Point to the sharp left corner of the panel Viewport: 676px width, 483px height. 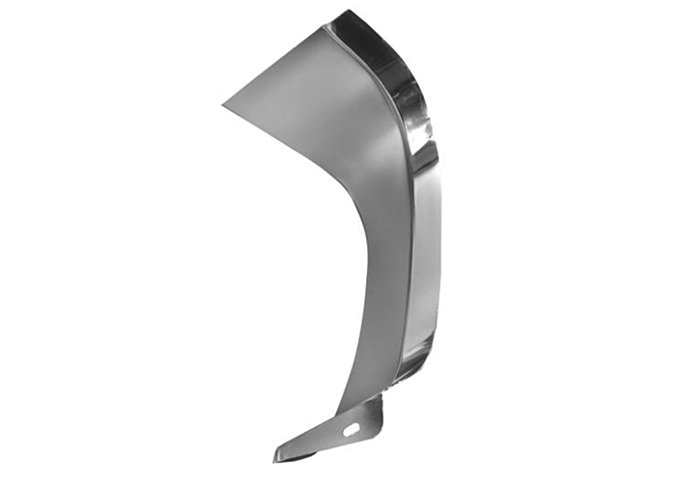tap(223, 103)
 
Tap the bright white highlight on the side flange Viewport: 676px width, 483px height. tap(422, 155)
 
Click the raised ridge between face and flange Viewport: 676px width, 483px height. tap(404, 193)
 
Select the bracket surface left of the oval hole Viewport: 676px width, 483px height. tap(324, 437)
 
